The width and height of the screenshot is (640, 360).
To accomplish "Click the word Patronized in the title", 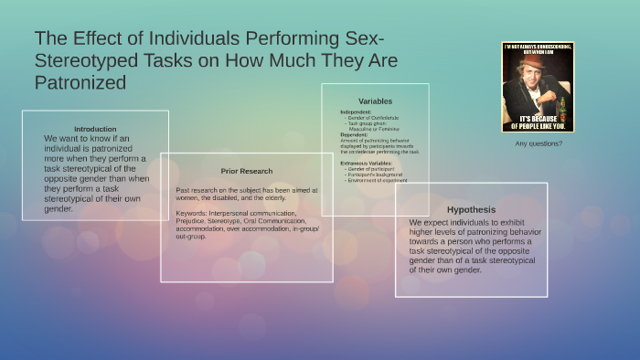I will click(80, 82).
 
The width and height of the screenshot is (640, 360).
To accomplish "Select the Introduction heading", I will click(95, 129).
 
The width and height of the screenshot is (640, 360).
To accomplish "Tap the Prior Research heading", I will click(246, 171).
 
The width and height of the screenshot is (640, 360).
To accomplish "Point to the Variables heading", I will click(376, 101).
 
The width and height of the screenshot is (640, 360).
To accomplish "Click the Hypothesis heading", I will click(471, 208).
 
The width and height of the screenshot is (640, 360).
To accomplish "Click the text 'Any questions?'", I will click(539, 143).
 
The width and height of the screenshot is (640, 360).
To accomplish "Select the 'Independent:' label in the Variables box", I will click(356, 112).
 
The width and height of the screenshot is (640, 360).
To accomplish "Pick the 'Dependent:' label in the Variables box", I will click(354, 134).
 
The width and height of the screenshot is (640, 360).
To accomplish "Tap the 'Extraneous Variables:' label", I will click(366, 162).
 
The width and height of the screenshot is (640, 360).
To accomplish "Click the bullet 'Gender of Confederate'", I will click(370, 118).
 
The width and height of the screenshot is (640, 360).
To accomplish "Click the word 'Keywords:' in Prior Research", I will click(191, 213).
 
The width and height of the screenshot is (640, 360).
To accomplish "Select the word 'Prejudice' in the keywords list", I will click(191, 220).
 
